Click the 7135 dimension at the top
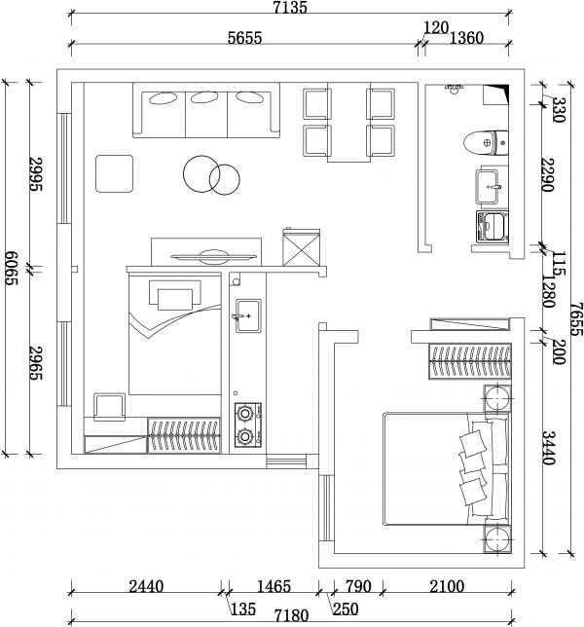click(x=290, y=7)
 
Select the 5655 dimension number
click(x=244, y=38)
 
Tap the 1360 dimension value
click(x=466, y=38)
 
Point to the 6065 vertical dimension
click(x=11, y=268)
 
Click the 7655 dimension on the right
click(x=576, y=318)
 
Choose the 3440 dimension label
click(x=548, y=448)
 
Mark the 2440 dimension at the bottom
click(x=146, y=587)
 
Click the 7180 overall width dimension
click(x=291, y=615)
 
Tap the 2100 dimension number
click(x=447, y=587)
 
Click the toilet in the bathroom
click(x=486, y=142)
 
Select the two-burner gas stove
click(x=248, y=424)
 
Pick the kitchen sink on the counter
click(x=248, y=315)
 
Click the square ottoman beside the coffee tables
click(x=114, y=173)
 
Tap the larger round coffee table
click(x=201, y=173)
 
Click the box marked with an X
click(x=302, y=248)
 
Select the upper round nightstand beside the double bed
click(x=497, y=398)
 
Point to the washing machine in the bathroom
click(x=493, y=227)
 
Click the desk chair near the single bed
click(x=109, y=407)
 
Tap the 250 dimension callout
click(x=346, y=609)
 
